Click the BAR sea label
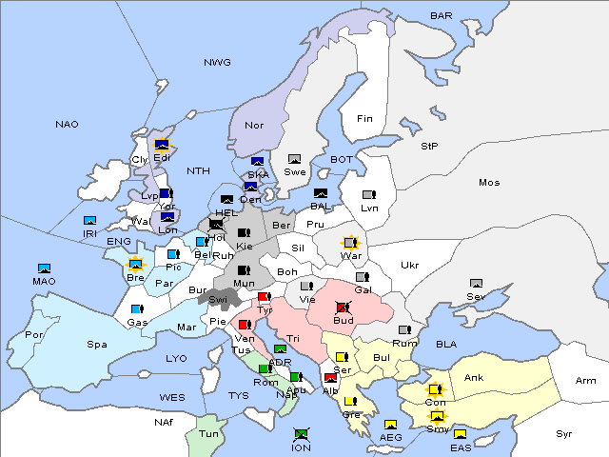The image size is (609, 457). pyautogui.click(x=441, y=16)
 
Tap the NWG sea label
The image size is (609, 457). pyautogui.click(x=217, y=63)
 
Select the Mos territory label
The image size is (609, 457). pyautogui.click(x=489, y=182)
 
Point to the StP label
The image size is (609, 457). pyautogui.click(x=429, y=147)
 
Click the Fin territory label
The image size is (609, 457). pyautogui.click(x=364, y=119)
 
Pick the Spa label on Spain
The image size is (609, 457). pyautogui.click(x=97, y=344)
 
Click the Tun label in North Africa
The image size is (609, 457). pyautogui.click(x=208, y=433)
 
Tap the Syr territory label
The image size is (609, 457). pyautogui.click(x=564, y=433)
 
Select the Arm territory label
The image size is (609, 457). pyautogui.click(x=586, y=381)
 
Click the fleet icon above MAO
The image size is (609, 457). pyautogui.click(x=44, y=268)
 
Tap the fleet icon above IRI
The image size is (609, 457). pyautogui.click(x=89, y=221)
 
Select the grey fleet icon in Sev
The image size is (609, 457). pyautogui.click(x=477, y=284)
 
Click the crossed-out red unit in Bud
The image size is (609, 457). pyautogui.click(x=344, y=308)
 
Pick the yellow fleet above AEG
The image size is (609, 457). pyautogui.click(x=390, y=425)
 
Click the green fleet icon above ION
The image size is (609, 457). pyautogui.click(x=302, y=434)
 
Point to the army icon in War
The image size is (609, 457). pyautogui.click(x=351, y=243)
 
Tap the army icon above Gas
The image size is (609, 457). pyautogui.click(x=137, y=309)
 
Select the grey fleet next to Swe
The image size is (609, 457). pyautogui.click(x=295, y=159)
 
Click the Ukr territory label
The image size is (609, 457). pyautogui.click(x=409, y=265)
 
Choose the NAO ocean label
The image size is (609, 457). pyautogui.click(x=68, y=125)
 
